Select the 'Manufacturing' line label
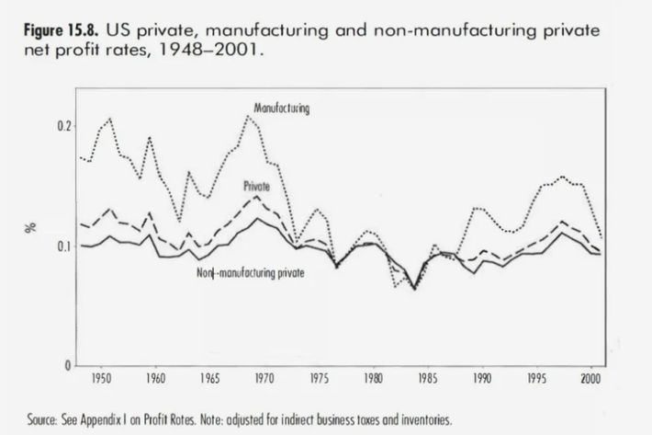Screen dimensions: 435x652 (x=281, y=109)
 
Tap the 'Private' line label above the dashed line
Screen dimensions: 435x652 (x=255, y=185)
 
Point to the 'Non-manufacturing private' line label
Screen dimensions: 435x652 (x=251, y=273)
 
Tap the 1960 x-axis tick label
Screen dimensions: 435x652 (x=155, y=378)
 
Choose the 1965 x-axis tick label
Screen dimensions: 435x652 (x=209, y=378)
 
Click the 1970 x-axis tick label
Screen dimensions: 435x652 (x=264, y=378)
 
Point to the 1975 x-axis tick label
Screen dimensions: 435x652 (x=318, y=378)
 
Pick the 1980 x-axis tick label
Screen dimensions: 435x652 (x=372, y=378)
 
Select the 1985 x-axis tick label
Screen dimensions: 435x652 (x=426, y=378)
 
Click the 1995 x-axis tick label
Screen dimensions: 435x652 (x=535, y=378)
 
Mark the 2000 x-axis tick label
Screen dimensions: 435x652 (x=590, y=378)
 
